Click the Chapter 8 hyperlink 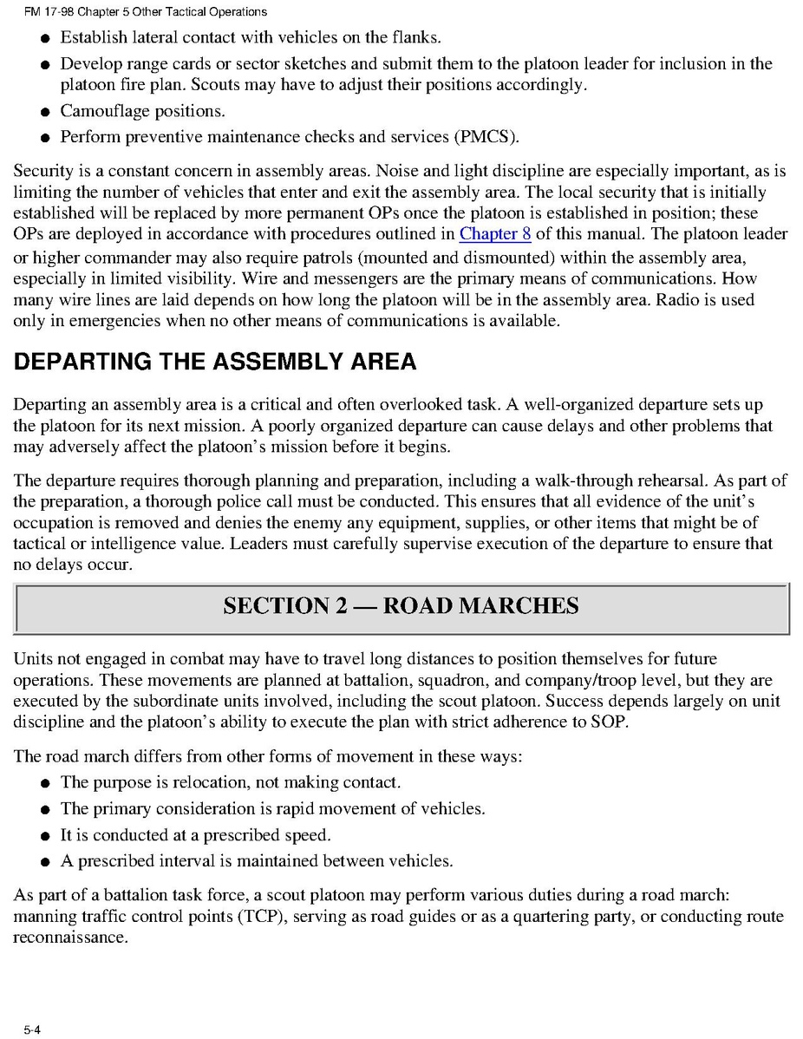[495, 233]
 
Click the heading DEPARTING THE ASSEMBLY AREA [214, 362]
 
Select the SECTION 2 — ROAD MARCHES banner [401, 606]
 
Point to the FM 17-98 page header [139, 12]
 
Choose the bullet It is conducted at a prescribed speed [196, 834]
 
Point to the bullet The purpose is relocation [230, 782]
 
